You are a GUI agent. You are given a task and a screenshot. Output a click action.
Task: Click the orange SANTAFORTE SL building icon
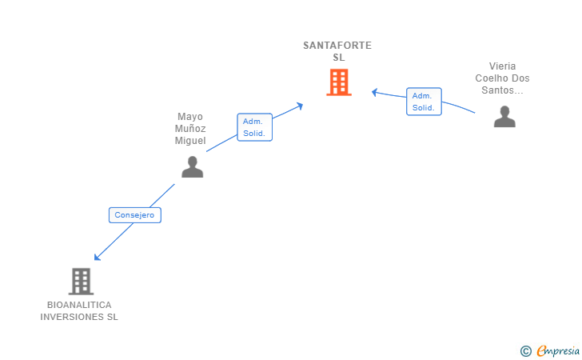point(339,82)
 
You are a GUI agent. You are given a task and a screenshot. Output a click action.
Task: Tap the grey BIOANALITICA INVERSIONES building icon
point(81,282)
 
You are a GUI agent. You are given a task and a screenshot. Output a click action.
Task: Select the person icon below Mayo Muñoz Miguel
point(192,167)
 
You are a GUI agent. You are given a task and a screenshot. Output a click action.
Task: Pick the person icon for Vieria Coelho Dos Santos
point(504,117)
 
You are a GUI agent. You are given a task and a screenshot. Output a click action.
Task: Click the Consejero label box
point(135,215)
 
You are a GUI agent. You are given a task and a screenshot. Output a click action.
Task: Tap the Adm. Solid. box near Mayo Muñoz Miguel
point(254,127)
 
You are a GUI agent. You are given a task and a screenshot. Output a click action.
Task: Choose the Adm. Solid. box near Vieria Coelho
point(424,102)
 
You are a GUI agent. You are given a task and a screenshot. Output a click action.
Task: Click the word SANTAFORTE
point(337,46)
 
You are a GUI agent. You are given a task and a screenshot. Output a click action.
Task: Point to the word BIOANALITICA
point(79,305)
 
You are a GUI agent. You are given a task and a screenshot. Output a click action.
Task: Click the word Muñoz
point(190,129)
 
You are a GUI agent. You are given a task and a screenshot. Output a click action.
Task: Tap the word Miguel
point(190,141)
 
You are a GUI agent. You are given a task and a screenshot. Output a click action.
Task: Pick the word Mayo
point(190,117)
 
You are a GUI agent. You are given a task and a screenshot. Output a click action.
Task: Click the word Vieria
point(502,66)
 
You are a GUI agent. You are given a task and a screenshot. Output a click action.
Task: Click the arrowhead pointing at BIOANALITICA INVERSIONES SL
point(97,257)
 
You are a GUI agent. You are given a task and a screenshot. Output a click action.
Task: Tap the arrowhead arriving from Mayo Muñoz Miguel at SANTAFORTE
point(300,106)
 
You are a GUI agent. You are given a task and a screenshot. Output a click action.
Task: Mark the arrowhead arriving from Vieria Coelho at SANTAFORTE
point(375,92)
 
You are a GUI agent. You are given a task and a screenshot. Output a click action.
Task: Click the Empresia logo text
point(558,350)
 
